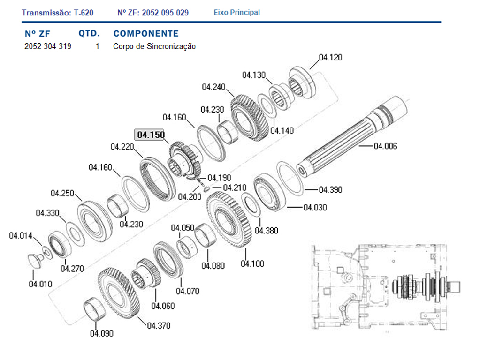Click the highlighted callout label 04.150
pyautogui.click(x=151, y=135)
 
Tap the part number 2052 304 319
pyautogui.click(x=48, y=46)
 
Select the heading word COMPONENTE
pyautogui.click(x=146, y=33)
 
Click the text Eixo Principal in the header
pyautogui.click(x=236, y=13)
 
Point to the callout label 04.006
pyautogui.click(x=385, y=146)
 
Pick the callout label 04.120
pyautogui.click(x=331, y=57)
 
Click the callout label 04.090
pyautogui.click(x=102, y=333)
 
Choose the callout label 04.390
pyautogui.click(x=331, y=190)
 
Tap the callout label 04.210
pyautogui.click(x=235, y=187)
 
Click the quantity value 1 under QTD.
pyautogui.click(x=97, y=46)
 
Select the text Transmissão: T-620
pyautogui.click(x=58, y=13)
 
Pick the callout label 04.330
pyautogui.click(x=47, y=213)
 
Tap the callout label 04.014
pyautogui.click(x=21, y=235)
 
